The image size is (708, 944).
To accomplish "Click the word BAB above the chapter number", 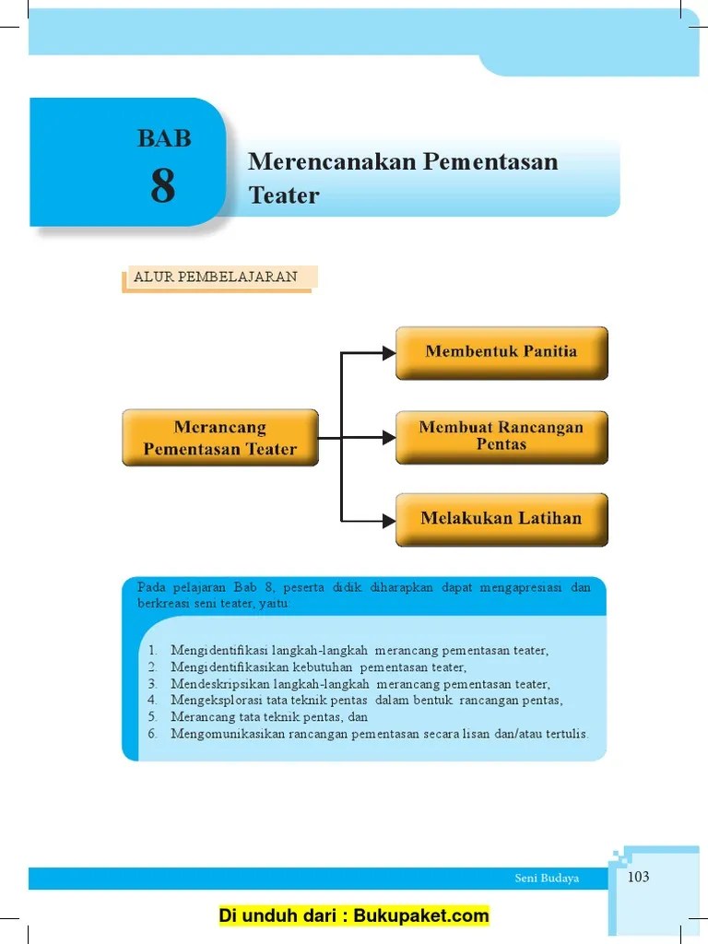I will click(164, 139).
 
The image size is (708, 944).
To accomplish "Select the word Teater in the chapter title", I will click(284, 195).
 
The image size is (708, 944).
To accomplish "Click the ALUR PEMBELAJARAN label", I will click(216, 277).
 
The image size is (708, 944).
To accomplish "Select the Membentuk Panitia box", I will click(501, 351).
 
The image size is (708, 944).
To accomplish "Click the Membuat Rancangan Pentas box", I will click(501, 436).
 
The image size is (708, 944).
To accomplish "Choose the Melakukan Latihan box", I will click(501, 518).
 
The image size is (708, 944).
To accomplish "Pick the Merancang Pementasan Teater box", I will click(220, 438).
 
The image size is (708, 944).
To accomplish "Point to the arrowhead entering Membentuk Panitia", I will click(387, 351).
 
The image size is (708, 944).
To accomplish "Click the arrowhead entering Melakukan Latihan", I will click(387, 519).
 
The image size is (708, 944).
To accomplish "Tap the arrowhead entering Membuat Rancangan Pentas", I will click(387, 435).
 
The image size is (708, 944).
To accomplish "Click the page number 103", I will click(638, 877).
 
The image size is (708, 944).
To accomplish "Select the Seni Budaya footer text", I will click(547, 879).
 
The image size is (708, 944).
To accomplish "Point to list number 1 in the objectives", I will click(152, 651).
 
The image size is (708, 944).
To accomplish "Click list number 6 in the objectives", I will click(152, 734).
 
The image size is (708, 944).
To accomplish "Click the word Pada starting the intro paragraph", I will click(149, 587).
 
